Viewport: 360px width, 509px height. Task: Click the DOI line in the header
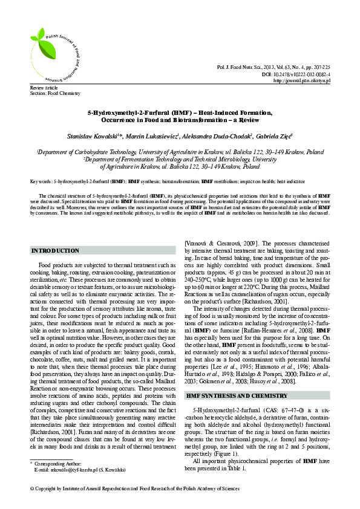pyautogui.click(x=299, y=73)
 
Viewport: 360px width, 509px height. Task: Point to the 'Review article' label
pyautogui.click(x=42, y=88)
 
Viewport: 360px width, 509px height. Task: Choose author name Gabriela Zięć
pyautogui.click(x=272, y=137)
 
